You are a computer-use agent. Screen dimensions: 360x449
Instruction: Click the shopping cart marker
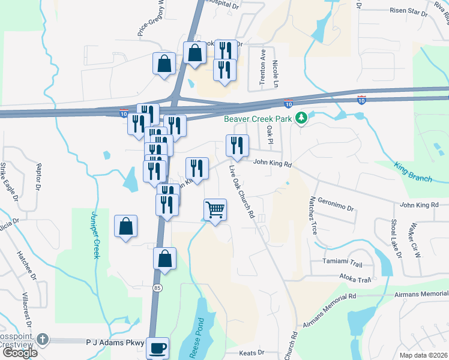coord(215,210)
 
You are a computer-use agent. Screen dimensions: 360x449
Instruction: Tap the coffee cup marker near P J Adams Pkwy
coord(157,348)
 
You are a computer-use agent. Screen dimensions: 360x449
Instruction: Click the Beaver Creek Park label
coord(258,119)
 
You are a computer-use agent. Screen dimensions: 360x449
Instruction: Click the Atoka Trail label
coord(354,279)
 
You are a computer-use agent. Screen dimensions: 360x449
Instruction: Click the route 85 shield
coord(157,287)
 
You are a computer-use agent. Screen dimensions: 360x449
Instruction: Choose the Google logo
coord(19,353)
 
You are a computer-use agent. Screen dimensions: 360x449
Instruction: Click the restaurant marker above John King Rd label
coord(237,145)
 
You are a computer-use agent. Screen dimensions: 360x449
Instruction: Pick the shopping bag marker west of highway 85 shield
coord(126,226)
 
